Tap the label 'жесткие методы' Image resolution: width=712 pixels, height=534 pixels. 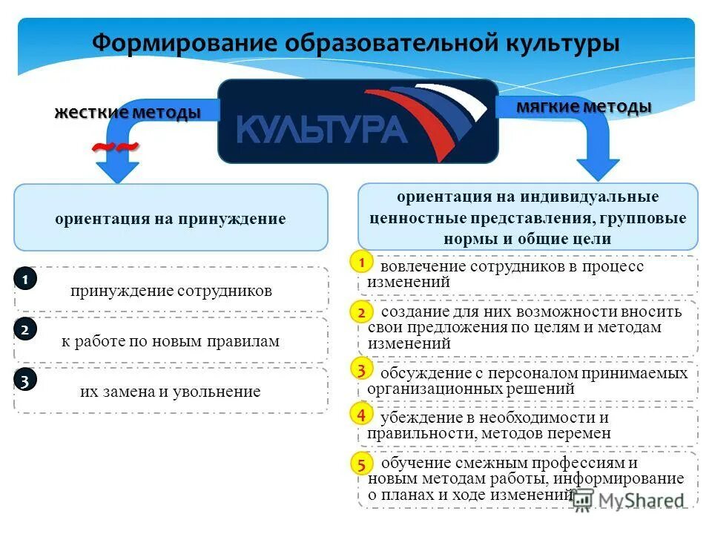(127, 113)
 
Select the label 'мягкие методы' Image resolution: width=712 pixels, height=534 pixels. (584, 107)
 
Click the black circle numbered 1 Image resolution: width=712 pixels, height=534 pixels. (25, 280)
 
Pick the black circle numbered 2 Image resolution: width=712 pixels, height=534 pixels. (25, 331)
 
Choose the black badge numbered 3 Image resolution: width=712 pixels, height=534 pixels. (25, 381)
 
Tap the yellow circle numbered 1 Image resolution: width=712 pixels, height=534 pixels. (360, 263)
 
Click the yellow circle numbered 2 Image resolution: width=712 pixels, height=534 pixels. (360, 312)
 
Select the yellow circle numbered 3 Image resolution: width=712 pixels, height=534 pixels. (360, 369)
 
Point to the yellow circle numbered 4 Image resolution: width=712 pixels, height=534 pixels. (360, 414)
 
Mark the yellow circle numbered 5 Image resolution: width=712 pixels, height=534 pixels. (360, 465)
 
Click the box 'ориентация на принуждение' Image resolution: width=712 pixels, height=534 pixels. (171, 219)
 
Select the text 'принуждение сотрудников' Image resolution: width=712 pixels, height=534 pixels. (171, 290)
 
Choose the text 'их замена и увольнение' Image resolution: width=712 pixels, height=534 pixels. (171, 392)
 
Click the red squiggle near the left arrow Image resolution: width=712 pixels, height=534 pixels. (115, 148)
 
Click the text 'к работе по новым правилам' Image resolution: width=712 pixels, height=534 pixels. (171, 341)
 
